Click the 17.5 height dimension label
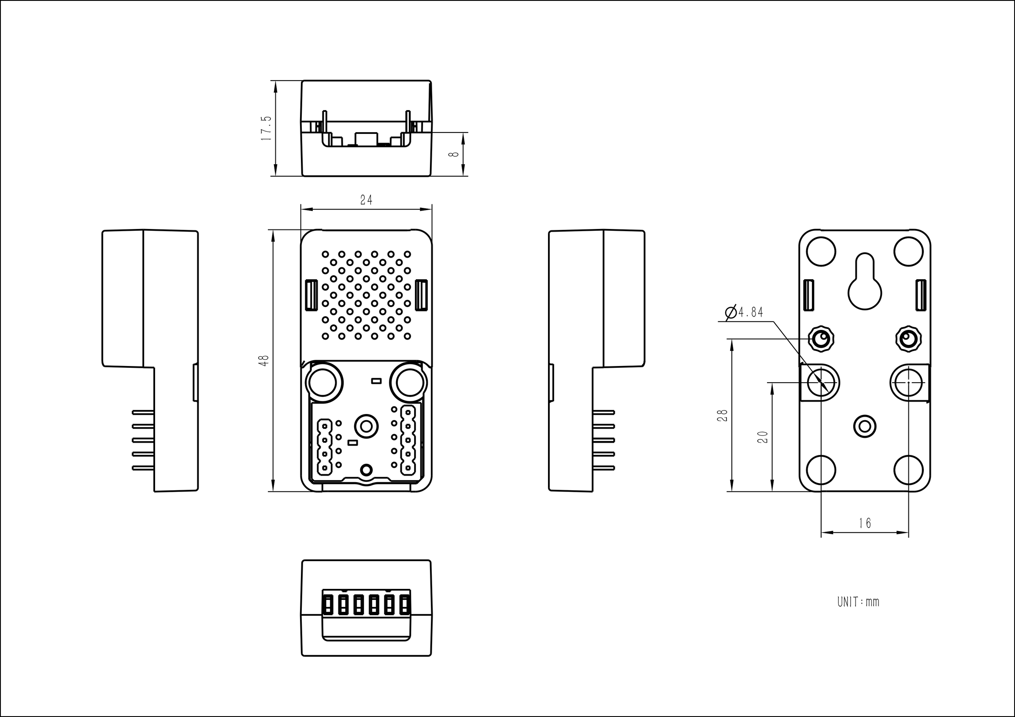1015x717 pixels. pos(266,129)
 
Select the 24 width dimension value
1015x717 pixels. pos(366,200)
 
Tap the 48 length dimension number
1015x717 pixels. pos(264,360)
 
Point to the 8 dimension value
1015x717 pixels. pos(453,154)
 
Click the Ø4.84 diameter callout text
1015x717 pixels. pos(744,313)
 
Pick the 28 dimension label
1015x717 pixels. pos(722,415)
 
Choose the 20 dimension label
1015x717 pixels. pos(763,437)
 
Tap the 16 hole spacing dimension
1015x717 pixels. pos(865,523)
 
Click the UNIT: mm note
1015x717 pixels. pos(858,602)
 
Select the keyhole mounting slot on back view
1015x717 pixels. pos(865,281)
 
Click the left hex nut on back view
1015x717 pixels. pos(821,340)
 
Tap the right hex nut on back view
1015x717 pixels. pos(908,340)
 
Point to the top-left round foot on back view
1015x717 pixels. pos(821,251)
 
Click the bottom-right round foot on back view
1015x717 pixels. pos(908,469)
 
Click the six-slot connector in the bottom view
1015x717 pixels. pos(367,602)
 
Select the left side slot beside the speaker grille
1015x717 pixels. pos(311,294)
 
